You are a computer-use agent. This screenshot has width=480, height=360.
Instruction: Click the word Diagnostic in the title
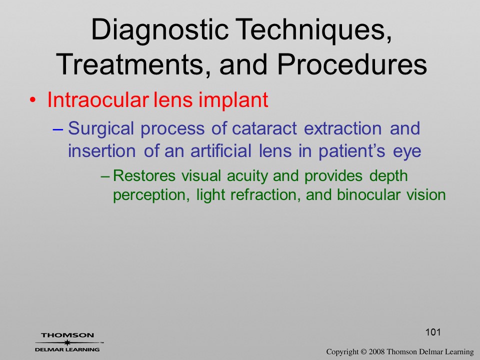pos(160,30)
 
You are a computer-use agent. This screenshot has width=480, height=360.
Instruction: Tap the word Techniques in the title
pos(313,30)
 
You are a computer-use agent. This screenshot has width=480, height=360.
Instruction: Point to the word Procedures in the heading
pos(352,64)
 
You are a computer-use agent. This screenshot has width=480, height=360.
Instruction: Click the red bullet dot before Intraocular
pos(33,100)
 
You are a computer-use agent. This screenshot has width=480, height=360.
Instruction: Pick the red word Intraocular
pos(98,99)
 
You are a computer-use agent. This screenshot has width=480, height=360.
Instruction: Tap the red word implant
pos(233,100)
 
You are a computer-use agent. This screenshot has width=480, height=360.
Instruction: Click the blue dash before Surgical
pos(58,129)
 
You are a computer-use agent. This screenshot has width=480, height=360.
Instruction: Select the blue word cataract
pos(264,128)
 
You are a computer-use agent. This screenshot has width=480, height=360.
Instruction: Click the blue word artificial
pos(221,150)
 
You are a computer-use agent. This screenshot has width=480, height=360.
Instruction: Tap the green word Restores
pos(144,175)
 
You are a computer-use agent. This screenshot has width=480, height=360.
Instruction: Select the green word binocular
pos(368,194)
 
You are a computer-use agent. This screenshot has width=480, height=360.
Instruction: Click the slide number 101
pos(433,332)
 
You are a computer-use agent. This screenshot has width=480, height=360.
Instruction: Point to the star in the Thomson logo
pos(67,342)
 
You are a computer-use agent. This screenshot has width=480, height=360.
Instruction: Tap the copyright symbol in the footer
pos(363,352)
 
